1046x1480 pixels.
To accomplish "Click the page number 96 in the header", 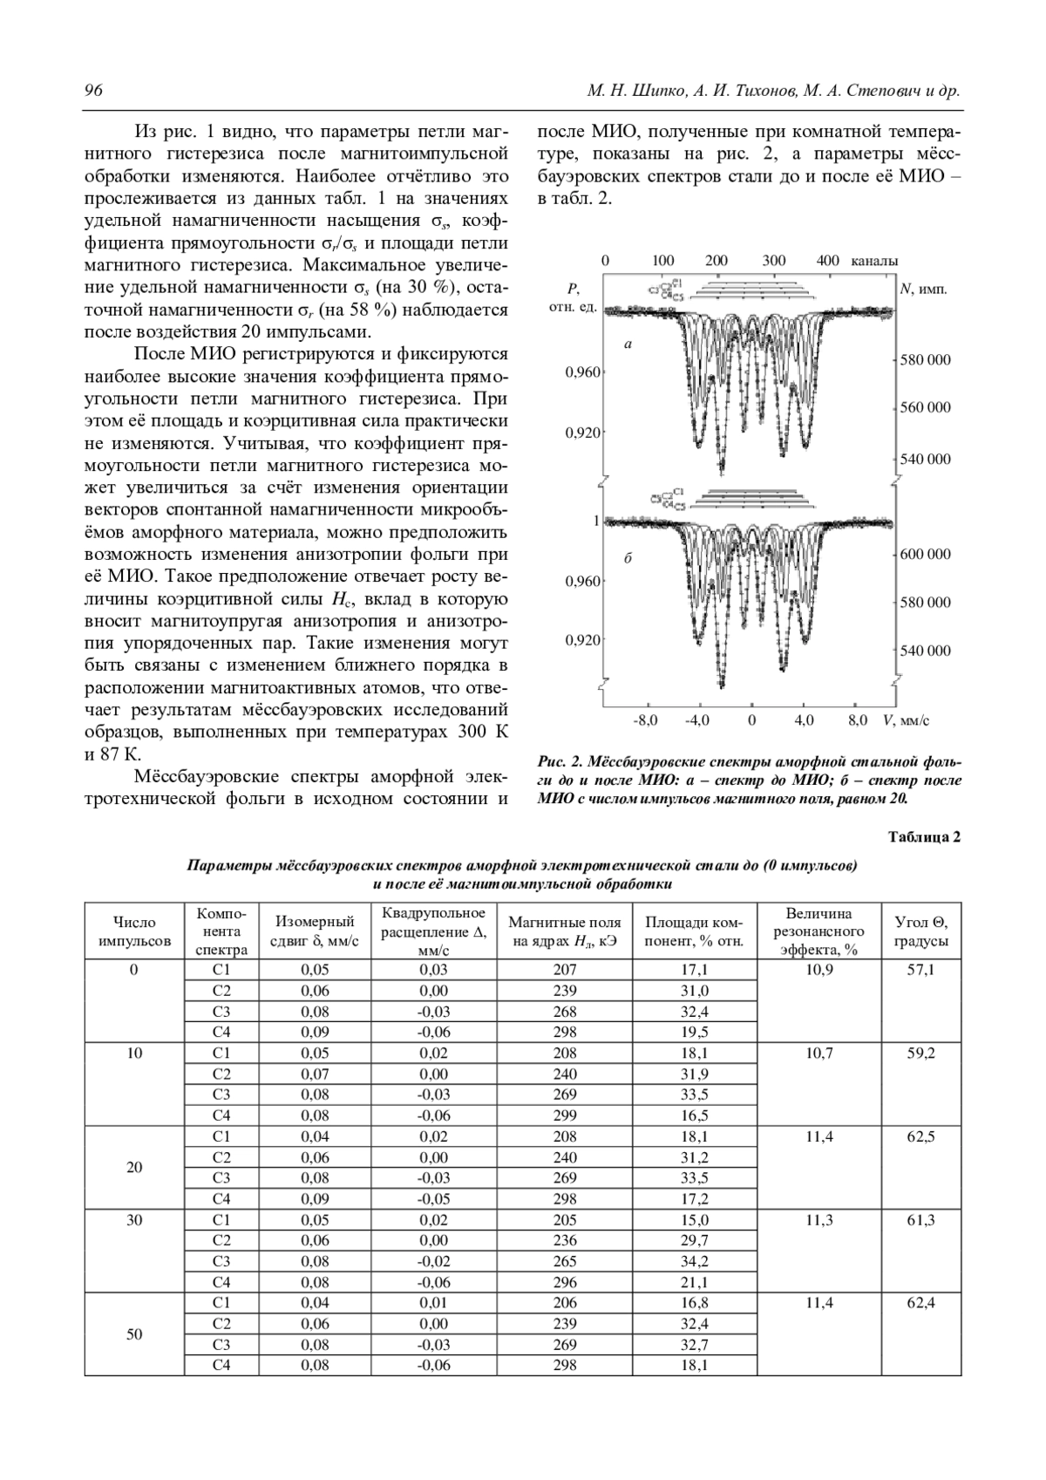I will coord(92,92).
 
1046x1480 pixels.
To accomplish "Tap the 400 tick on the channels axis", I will coord(828,260).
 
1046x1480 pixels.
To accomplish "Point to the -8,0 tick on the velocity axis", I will coord(646,720).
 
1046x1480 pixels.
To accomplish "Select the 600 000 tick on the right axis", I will coord(926,554).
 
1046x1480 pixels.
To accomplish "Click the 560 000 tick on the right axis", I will coord(926,407).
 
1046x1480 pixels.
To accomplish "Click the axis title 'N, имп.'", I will coord(923,290).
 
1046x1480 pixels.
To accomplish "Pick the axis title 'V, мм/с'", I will coord(906,720).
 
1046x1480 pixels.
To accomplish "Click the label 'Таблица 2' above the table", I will coord(924,838).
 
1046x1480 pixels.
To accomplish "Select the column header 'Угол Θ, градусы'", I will coord(921,931).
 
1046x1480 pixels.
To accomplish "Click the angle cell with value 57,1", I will coord(921,970).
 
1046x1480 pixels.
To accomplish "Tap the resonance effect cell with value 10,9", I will coord(818,970).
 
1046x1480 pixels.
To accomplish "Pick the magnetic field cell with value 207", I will coord(565,970).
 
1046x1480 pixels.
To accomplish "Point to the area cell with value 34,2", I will coord(694,1261).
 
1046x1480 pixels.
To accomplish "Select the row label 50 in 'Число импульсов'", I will coord(134,1334).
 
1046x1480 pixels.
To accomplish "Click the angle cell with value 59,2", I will coord(921,1054).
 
